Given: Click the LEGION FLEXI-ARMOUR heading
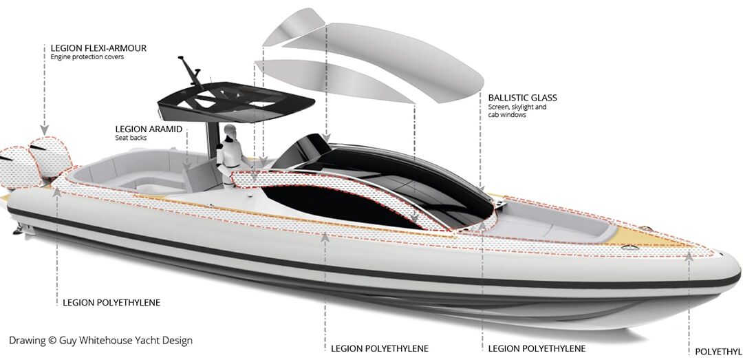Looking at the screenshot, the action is pyautogui.click(x=98, y=48).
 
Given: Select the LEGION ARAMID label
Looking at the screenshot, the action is pyautogui.click(x=149, y=129).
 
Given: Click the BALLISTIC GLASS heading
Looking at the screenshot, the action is pyautogui.click(x=523, y=98).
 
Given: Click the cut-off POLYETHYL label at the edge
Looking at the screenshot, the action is pyautogui.click(x=718, y=352).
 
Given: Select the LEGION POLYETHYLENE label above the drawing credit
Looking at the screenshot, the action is pyautogui.click(x=111, y=303).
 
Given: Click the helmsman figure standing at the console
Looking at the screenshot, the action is pyautogui.click(x=228, y=153).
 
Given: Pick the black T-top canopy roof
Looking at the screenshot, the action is pyautogui.click(x=235, y=100).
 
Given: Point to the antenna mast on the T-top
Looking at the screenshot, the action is pyautogui.click(x=191, y=72).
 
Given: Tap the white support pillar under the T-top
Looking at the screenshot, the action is pyautogui.click(x=213, y=140).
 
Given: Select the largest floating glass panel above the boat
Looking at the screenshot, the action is pyautogui.click(x=383, y=61).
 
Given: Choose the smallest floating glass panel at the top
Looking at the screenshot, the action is pyautogui.click(x=293, y=27).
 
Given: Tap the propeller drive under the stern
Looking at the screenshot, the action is pyautogui.click(x=20, y=230).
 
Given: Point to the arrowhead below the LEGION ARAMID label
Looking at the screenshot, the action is pyautogui.click(x=187, y=165).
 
